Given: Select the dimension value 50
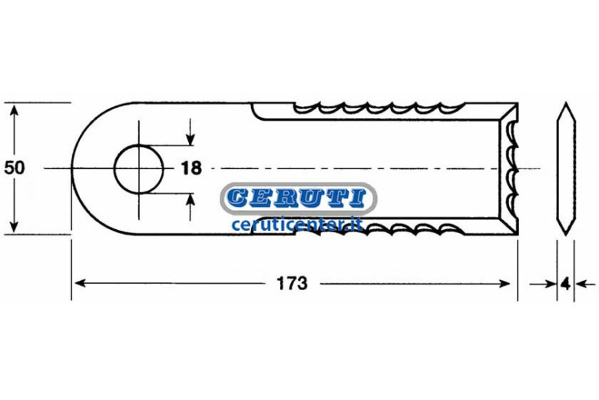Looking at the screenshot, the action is [x=14, y=168].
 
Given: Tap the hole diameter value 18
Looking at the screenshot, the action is [x=191, y=168].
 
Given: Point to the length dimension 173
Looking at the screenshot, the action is [x=292, y=284].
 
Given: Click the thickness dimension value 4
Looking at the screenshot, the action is [x=566, y=284].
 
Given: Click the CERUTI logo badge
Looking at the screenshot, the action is [x=299, y=198].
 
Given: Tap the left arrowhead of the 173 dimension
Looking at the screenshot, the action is [x=79, y=283].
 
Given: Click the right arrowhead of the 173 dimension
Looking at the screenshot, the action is [x=505, y=284].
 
